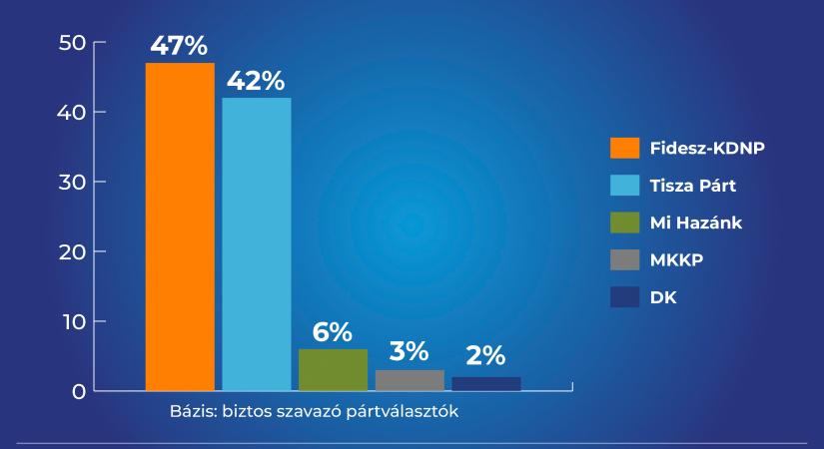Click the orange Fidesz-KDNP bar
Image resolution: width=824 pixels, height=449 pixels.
click(x=180, y=226)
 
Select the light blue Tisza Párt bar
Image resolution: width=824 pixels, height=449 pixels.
click(x=257, y=243)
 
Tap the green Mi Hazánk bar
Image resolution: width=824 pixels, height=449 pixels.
click(x=333, y=369)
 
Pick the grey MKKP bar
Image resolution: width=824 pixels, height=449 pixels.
click(x=410, y=380)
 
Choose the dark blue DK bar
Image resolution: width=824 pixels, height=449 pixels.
click(x=486, y=383)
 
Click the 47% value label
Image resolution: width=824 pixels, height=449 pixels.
click(x=180, y=46)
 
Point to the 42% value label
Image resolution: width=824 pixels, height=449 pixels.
click(x=257, y=81)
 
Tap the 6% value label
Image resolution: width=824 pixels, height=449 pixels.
click(x=333, y=332)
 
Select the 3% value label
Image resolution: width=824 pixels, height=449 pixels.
click(x=410, y=351)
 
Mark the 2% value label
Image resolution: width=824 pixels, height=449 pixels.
click(x=486, y=356)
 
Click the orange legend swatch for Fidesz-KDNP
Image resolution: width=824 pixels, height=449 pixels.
click(x=624, y=149)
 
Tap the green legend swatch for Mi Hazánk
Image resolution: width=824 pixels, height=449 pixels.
click(x=624, y=223)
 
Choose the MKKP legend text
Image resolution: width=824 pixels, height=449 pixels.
click(x=676, y=259)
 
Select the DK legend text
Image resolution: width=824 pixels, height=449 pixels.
click(x=663, y=296)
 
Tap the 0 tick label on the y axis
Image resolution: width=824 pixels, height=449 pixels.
click(x=79, y=391)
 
